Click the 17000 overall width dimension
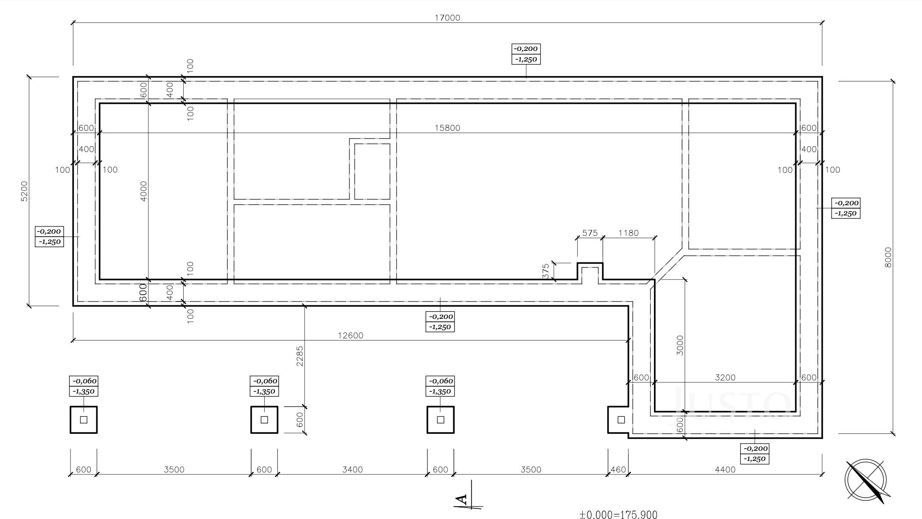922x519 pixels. pyautogui.click(x=447, y=18)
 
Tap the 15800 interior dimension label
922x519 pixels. pyautogui.click(x=447, y=128)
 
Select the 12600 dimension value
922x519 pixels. pyautogui.click(x=350, y=335)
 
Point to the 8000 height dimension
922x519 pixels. pyautogui.click(x=888, y=257)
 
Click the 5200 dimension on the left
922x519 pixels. pyautogui.click(x=24, y=191)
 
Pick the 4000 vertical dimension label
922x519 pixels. pyautogui.click(x=143, y=191)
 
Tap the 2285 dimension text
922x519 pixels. pyautogui.click(x=299, y=357)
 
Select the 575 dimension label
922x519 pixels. pyautogui.click(x=590, y=233)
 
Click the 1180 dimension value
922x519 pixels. pyautogui.click(x=628, y=233)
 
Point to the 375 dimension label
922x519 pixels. pyautogui.click(x=545, y=271)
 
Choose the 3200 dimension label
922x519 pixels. pyautogui.click(x=725, y=377)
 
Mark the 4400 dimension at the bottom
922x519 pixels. pyautogui.click(x=725, y=469)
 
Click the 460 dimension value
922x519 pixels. pyautogui.click(x=618, y=469)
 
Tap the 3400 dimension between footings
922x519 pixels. pyautogui.click(x=352, y=469)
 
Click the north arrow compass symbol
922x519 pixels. pyautogui.click(x=866, y=481)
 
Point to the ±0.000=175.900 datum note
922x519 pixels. pyautogui.click(x=618, y=515)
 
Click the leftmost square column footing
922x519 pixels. pyautogui.click(x=84, y=420)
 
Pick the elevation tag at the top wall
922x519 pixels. pyautogui.click(x=526, y=54)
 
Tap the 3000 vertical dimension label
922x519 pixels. pyautogui.click(x=680, y=346)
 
